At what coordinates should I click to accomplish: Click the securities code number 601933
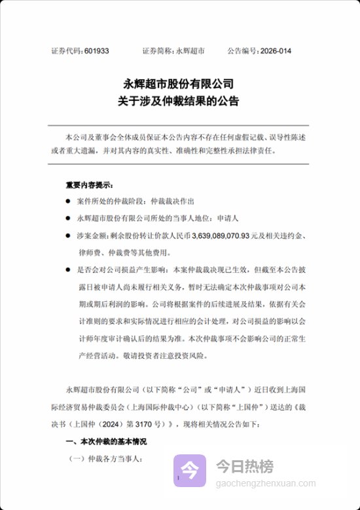tap(97, 50)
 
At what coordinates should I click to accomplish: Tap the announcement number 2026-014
tap(276, 50)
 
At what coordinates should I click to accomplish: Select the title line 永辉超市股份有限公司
tap(179, 84)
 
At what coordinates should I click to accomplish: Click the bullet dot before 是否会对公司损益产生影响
tap(68, 268)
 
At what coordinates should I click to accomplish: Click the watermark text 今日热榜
tap(245, 466)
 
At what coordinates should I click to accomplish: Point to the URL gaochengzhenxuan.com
tap(266, 483)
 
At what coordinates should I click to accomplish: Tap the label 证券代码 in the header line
tap(66, 50)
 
